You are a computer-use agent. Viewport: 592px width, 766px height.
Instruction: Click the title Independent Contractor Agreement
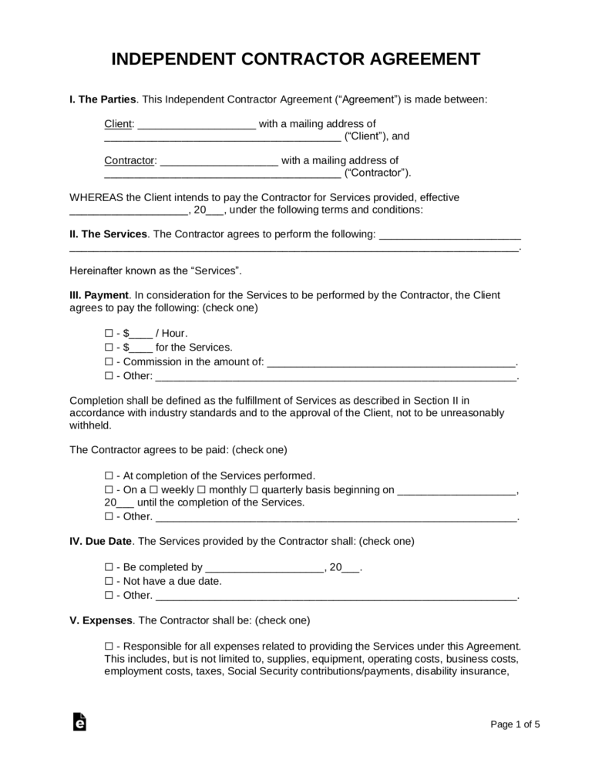pyautogui.click(x=296, y=60)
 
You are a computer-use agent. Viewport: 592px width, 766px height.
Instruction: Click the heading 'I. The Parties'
pyautogui.click(x=103, y=99)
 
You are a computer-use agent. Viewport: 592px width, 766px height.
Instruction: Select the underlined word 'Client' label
pyautogui.click(x=119, y=123)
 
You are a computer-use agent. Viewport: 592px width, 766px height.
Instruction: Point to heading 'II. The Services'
pyautogui.click(x=108, y=233)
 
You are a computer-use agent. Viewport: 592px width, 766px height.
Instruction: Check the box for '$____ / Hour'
pyautogui.click(x=108, y=333)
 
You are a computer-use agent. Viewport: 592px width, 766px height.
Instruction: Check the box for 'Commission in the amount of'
pyautogui.click(x=108, y=362)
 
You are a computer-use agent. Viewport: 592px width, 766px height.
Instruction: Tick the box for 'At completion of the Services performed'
pyautogui.click(x=108, y=475)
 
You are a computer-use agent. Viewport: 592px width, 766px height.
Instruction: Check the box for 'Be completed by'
pyautogui.click(x=108, y=567)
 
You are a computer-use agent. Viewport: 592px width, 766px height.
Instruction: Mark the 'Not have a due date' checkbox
pyautogui.click(x=108, y=581)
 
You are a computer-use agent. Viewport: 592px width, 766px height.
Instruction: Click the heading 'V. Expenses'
pyautogui.click(x=100, y=619)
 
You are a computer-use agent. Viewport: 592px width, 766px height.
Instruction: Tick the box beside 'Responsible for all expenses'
pyautogui.click(x=108, y=645)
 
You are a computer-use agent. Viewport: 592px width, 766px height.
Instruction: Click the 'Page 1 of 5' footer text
pyautogui.click(x=515, y=724)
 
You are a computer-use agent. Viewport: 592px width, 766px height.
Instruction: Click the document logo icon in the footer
pyautogui.click(x=79, y=721)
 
